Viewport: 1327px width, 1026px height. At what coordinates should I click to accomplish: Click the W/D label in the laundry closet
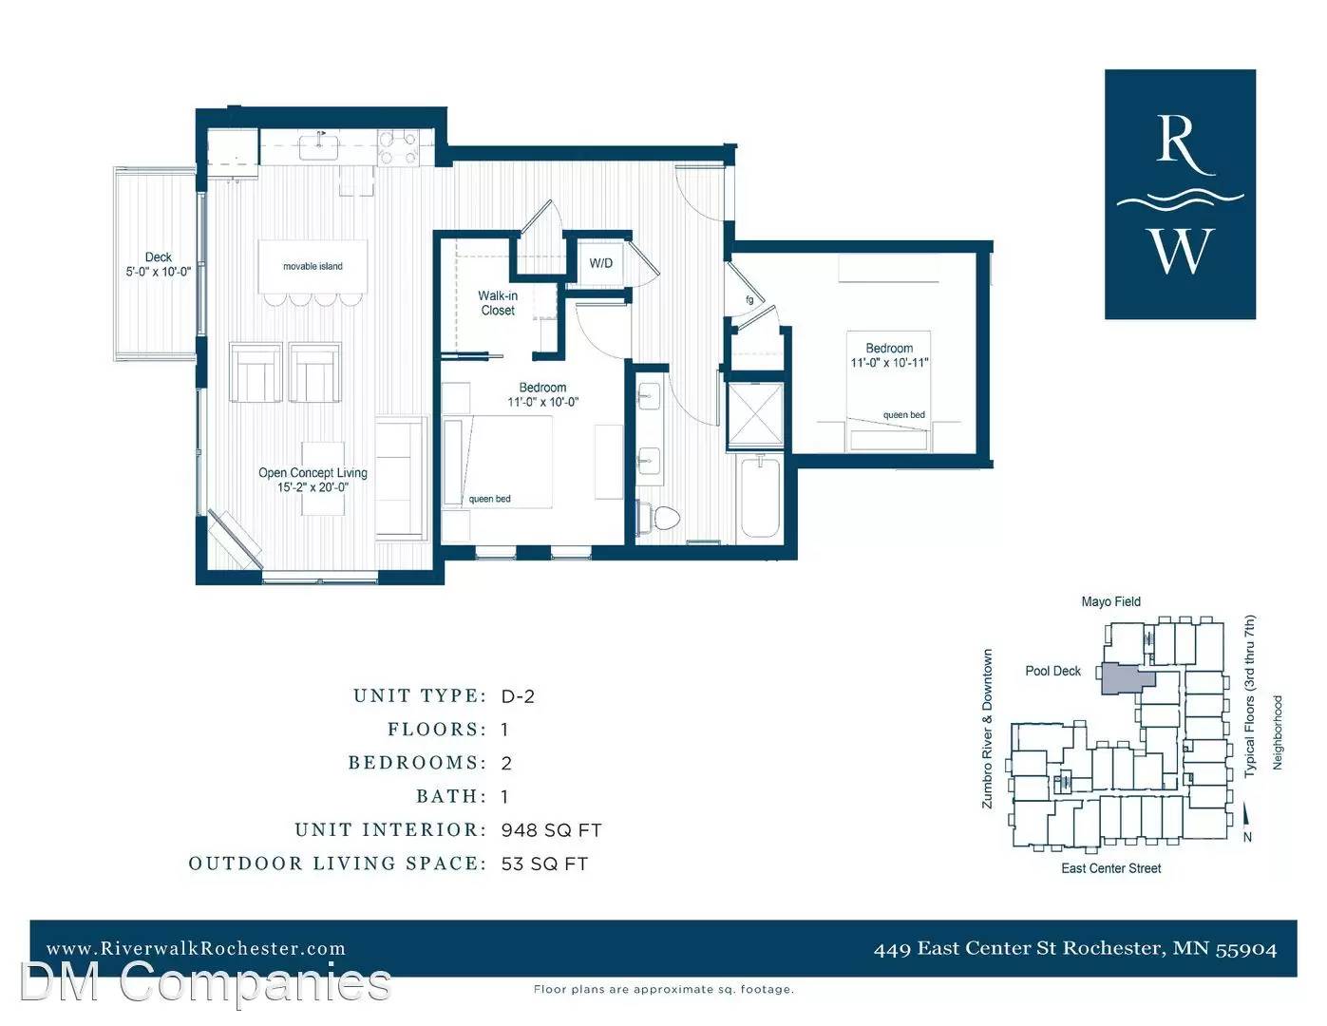point(600,263)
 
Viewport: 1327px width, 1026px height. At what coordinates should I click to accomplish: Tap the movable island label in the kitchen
point(313,266)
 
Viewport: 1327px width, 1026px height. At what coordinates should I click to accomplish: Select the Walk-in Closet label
point(498,303)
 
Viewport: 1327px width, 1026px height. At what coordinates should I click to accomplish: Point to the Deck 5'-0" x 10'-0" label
point(159,264)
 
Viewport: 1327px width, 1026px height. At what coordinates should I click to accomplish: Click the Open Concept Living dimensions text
point(313,487)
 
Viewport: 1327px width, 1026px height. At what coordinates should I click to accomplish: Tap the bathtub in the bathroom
point(760,497)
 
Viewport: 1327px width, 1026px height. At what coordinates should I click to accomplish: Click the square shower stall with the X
point(755,415)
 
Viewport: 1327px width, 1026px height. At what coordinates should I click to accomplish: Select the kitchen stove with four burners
point(398,148)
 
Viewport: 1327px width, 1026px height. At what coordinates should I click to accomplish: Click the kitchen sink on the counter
point(318,146)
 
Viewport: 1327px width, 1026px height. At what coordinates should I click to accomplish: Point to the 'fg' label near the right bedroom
point(749,300)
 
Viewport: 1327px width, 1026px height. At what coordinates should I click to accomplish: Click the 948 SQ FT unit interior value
point(552,830)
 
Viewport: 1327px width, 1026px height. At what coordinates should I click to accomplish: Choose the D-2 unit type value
point(518,696)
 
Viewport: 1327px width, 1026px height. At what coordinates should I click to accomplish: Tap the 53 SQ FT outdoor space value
point(544,864)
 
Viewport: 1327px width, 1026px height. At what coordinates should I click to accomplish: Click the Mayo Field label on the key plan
point(1110,601)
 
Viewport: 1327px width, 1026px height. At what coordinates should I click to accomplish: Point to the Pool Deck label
point(1052,671)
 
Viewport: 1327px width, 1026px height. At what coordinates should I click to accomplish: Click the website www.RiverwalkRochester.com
point(196,948)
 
